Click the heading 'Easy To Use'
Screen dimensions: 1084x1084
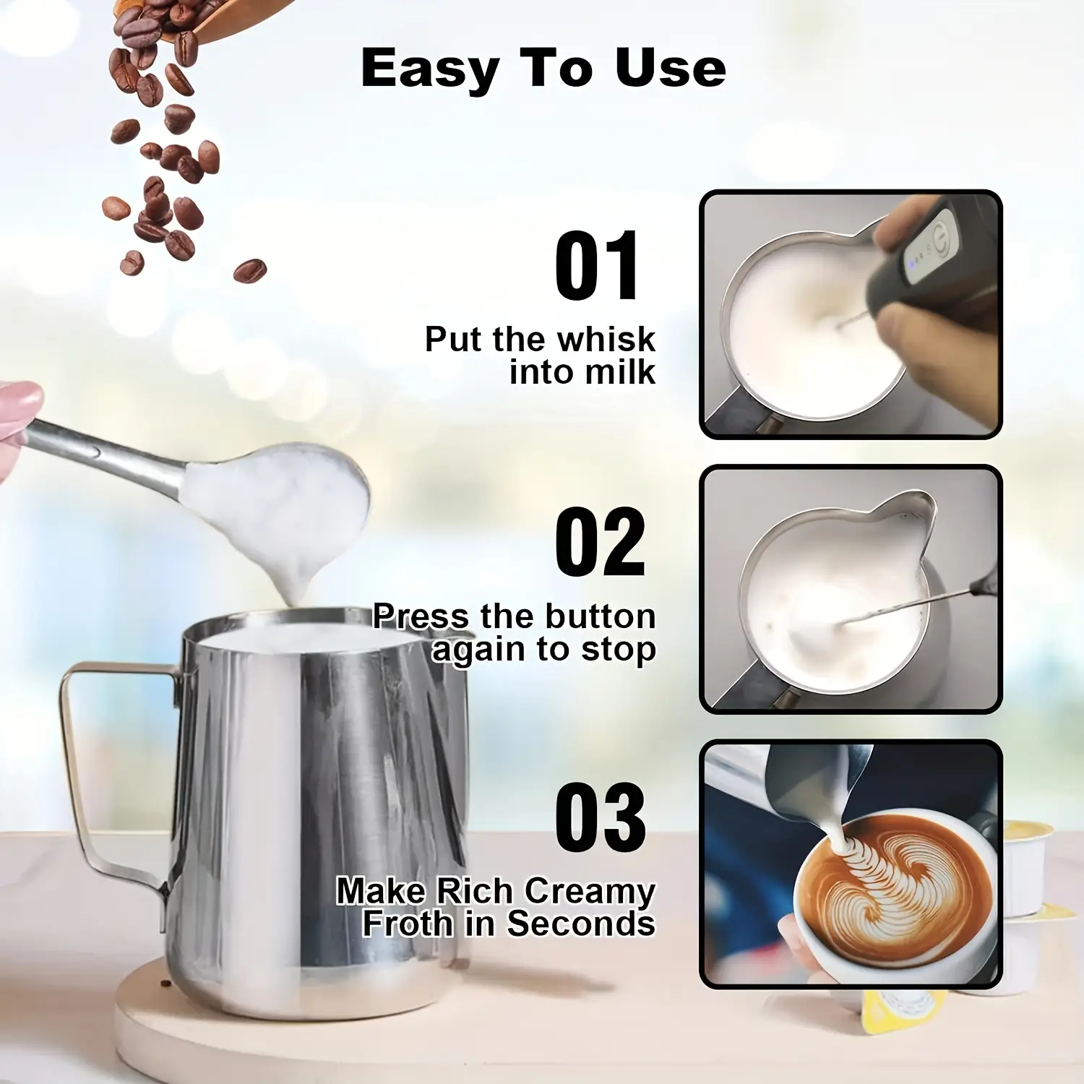click(x=543, y=69)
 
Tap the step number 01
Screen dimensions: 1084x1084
click(x=597, y=266)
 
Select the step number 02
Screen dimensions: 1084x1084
click(x=599, y=541)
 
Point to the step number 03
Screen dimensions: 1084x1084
click(x=600, y=817)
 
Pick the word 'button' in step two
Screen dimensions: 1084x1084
click(x=600, y=616)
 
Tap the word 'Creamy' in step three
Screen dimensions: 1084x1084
click(x=589, y=892)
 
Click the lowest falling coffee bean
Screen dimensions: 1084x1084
click(x=249, y=271)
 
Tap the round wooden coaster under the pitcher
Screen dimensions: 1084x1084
click(x=145, y=1012)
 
